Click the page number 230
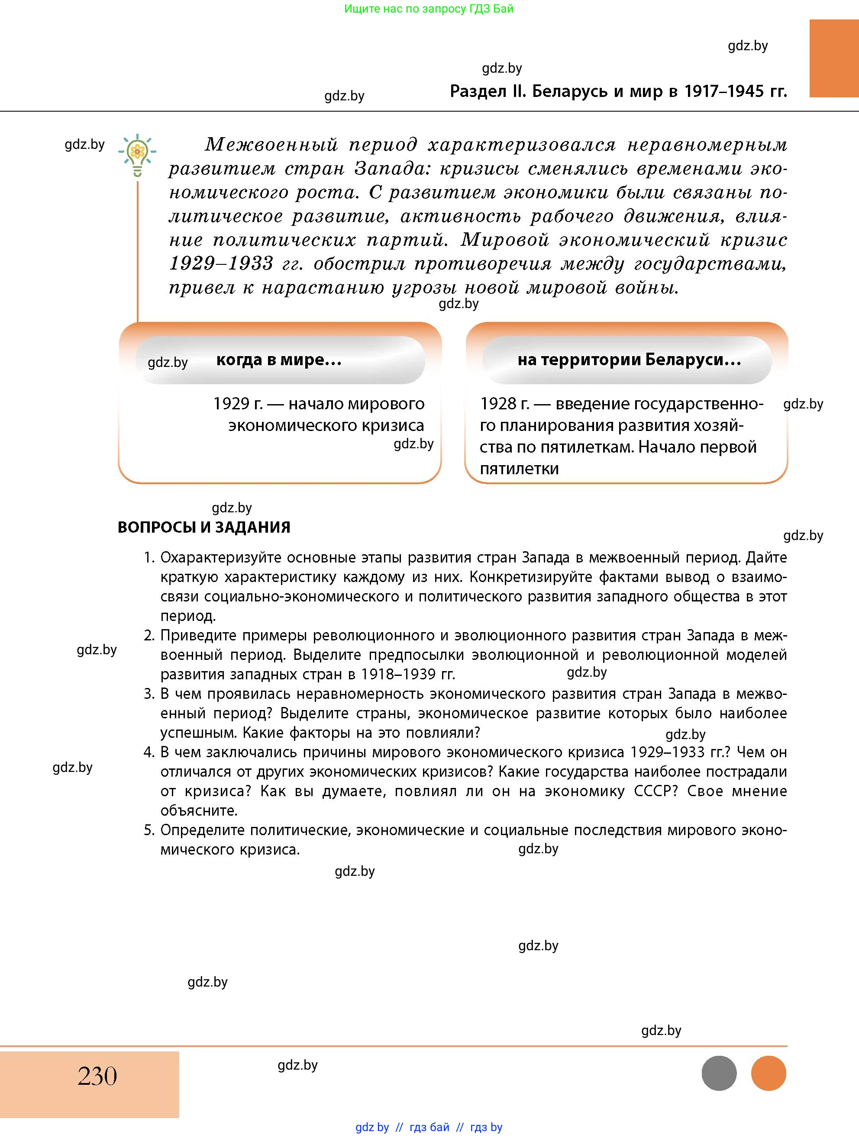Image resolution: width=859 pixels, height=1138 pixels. click(97, 1076)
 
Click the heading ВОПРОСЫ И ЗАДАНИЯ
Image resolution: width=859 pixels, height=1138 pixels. click(204, 527)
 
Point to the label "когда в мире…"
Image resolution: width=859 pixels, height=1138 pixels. click(279, 360)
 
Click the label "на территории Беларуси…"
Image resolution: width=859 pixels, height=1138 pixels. click(629, 360)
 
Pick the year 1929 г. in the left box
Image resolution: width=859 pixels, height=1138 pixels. click(238, 404)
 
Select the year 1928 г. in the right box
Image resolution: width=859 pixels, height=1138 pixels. click(504, 404)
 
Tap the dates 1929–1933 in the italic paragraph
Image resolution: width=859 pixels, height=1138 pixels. click(221, 264)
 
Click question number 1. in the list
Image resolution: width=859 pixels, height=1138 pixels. click(149, 558)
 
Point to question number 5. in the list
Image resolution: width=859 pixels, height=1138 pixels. click(149, 830)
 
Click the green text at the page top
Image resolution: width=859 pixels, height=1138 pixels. click(429, 9)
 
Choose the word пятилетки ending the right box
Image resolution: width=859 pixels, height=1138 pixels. click(519, 469)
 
